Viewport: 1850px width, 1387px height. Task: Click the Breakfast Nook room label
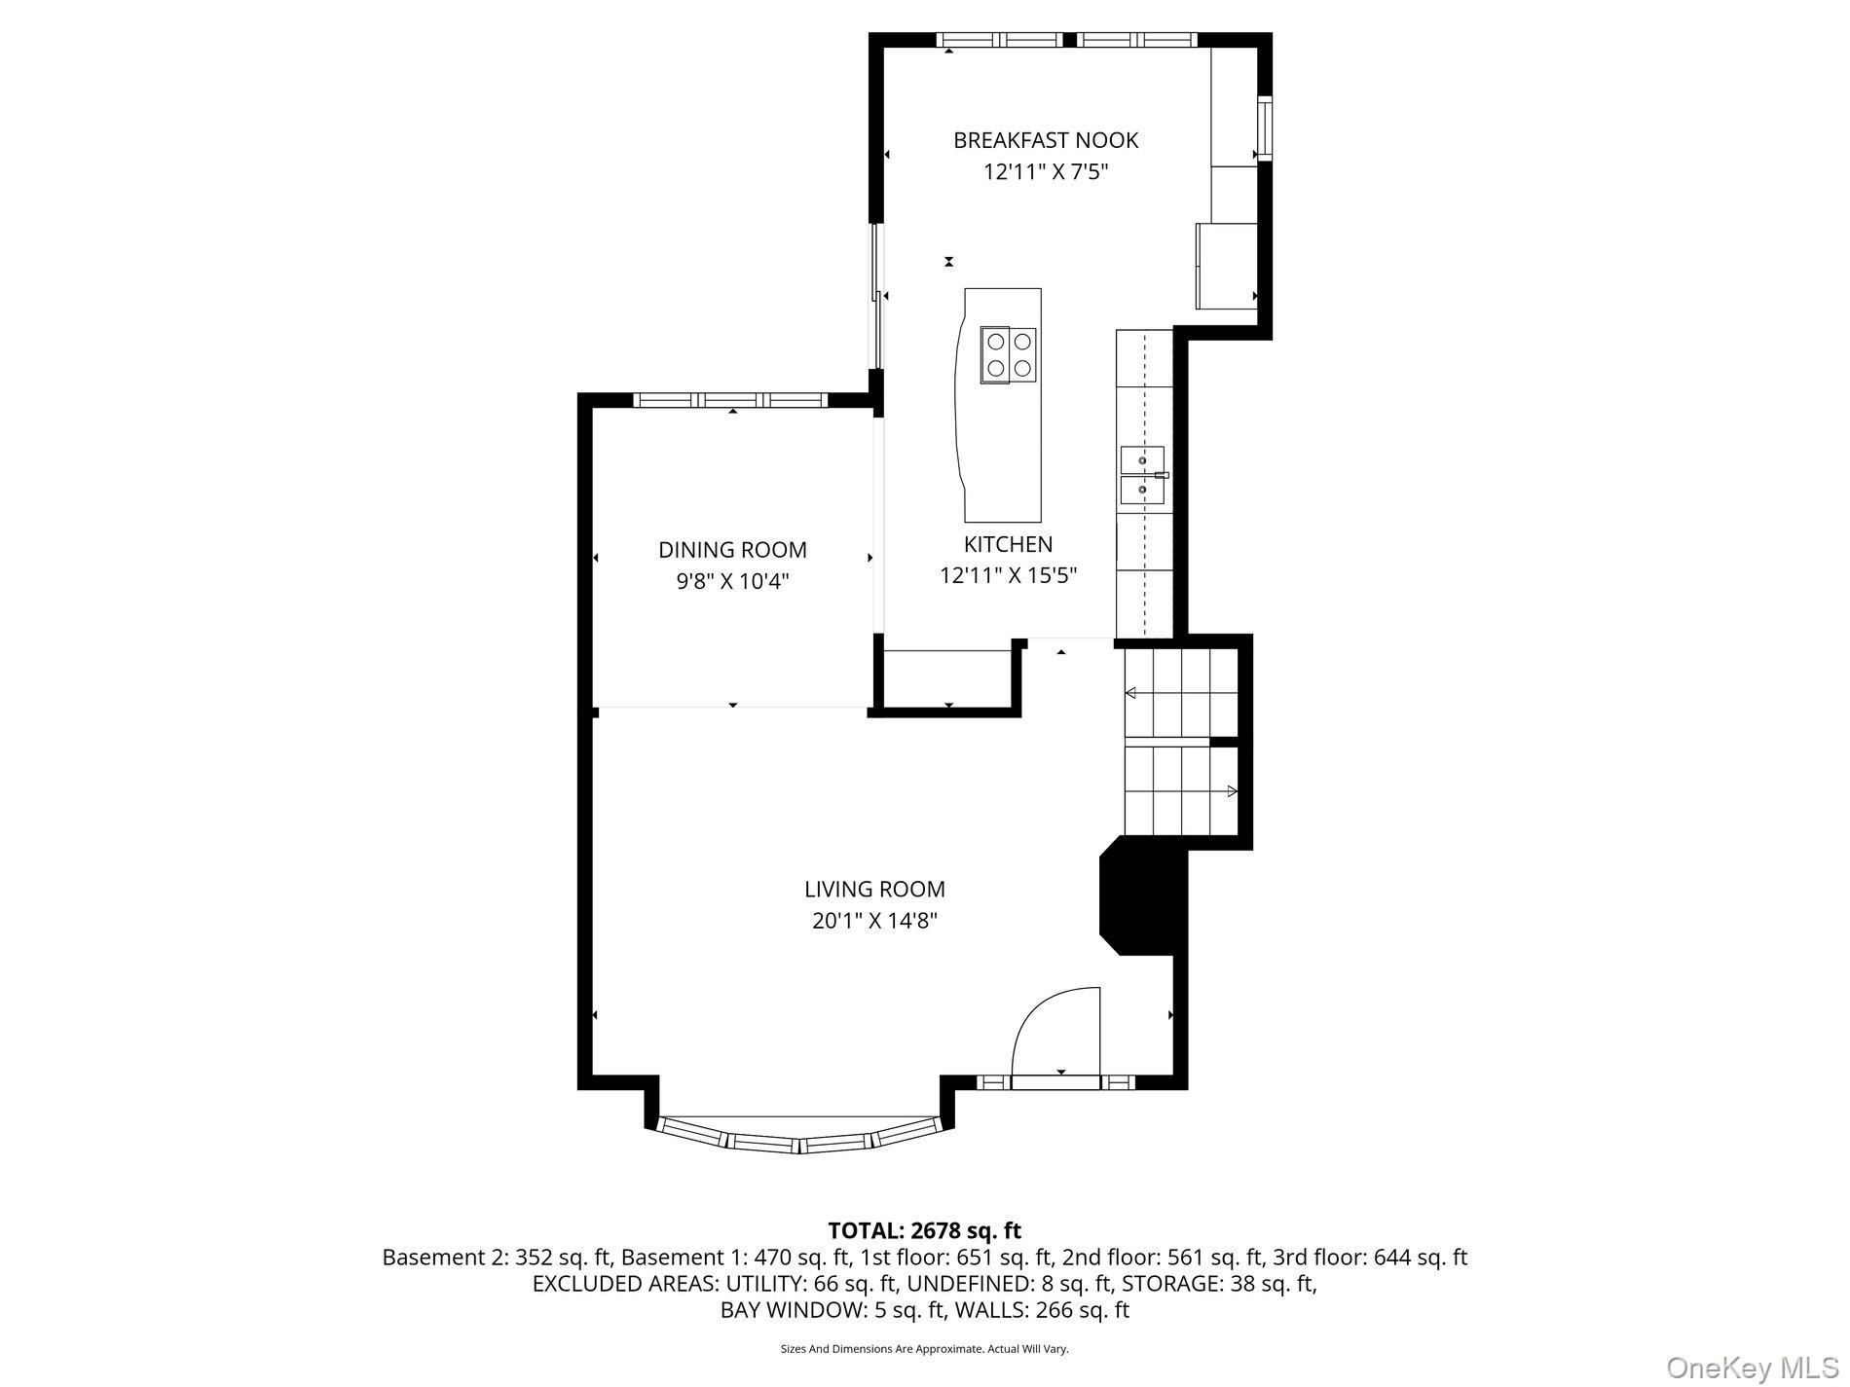pos(1045,140)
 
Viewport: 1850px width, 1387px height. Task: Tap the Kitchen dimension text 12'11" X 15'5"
pos(1008,575)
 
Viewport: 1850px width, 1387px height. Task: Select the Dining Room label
pos(732,550)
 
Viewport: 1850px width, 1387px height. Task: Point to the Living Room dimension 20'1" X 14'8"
pos(874,921)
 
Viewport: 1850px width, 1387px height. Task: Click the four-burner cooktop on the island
pos(1008,354)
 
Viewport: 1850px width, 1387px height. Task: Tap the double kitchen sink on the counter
pos(1142,476)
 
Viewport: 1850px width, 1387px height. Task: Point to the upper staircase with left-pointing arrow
pos(1180,693)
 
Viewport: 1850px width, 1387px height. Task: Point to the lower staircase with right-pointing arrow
pos(1180,791)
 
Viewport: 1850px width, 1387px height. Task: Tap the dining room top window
pos(730,400)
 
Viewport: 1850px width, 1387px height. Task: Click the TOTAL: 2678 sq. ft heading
pos(924,1230)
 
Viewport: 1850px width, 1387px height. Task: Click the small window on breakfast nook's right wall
pos(1264,128)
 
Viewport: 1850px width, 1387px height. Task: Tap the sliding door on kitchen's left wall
pos(878,297)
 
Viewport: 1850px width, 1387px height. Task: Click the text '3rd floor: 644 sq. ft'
pos(1369,1257)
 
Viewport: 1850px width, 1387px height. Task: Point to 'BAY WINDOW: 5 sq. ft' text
pos(832,1310)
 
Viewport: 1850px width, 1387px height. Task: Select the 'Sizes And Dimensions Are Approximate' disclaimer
pos(924,1349)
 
